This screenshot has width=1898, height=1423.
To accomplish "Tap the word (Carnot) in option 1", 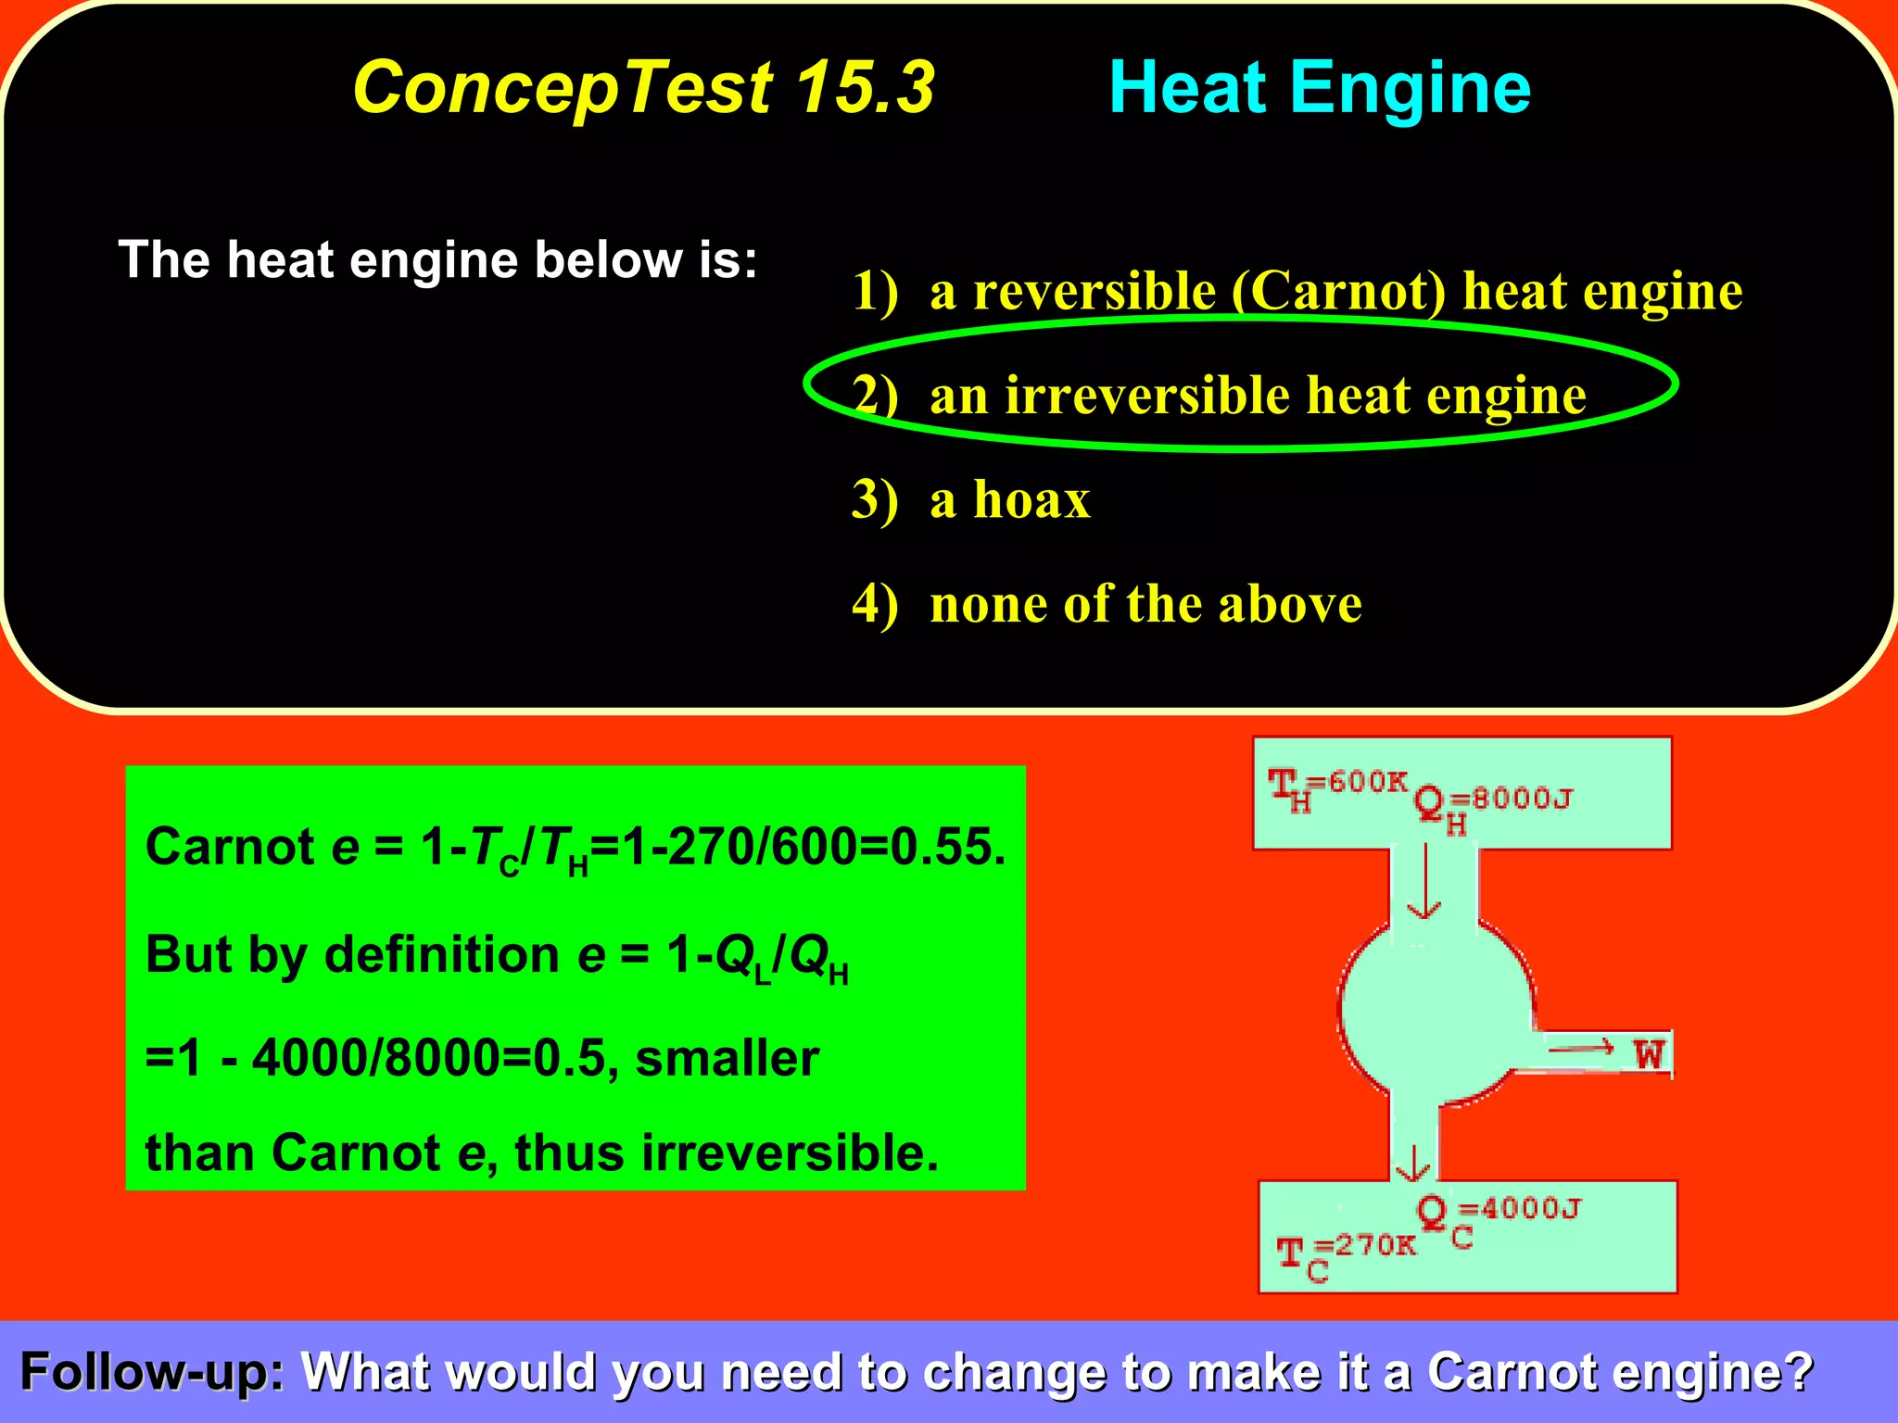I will pyautogui.click(x=1339, y=291).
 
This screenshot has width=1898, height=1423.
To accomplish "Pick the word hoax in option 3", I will pyautogui.click(x=1031, y=500).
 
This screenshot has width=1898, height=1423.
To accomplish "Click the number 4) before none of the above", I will pyautogui.click(x=875, y=605).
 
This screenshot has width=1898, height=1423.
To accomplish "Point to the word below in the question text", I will pyautogui.click(x=609, y=259).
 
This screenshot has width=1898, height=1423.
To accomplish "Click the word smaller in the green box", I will pyautogui.click(x=727, y=1058).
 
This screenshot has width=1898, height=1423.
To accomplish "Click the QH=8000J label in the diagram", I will pyautogui.click(x=1492, y=802).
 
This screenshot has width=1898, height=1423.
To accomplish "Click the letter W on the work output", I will pyautogui.click(x=1649, y=1054).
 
